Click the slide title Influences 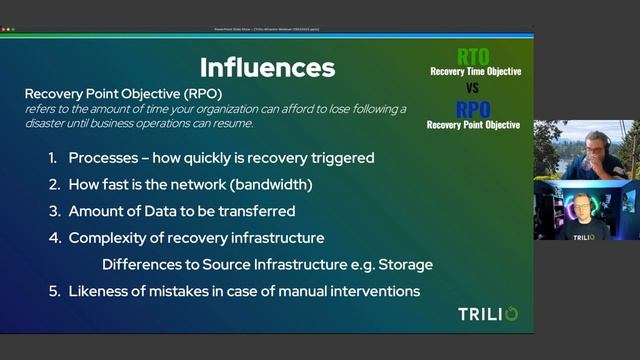tap(266, 67)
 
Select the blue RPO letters tap(474, 109)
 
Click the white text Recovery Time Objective tap(474, 72)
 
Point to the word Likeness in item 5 tap(100, 291)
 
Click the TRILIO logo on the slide tap(487, 314)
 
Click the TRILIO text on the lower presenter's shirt tap(585, 236)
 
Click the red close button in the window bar tap(3, 30)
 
